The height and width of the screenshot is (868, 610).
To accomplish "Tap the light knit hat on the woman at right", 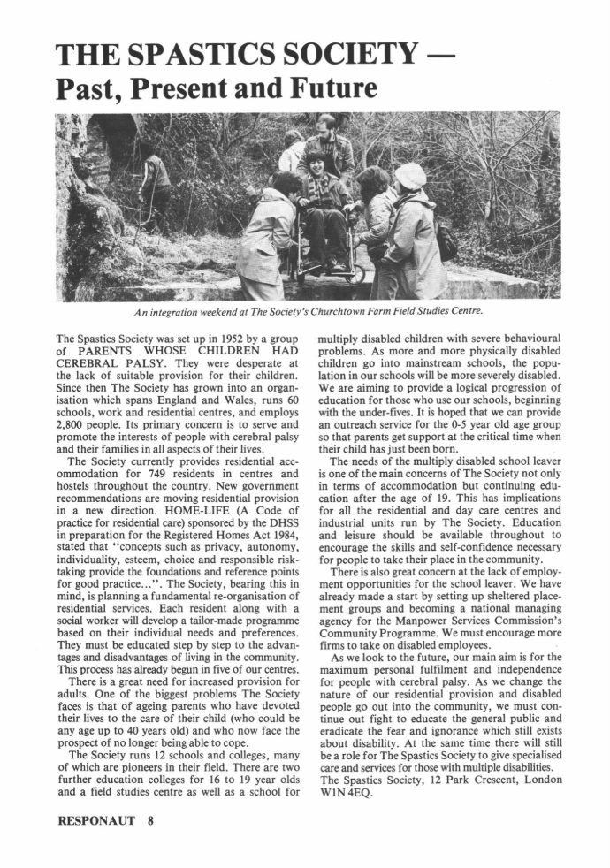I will coord(408,176).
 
